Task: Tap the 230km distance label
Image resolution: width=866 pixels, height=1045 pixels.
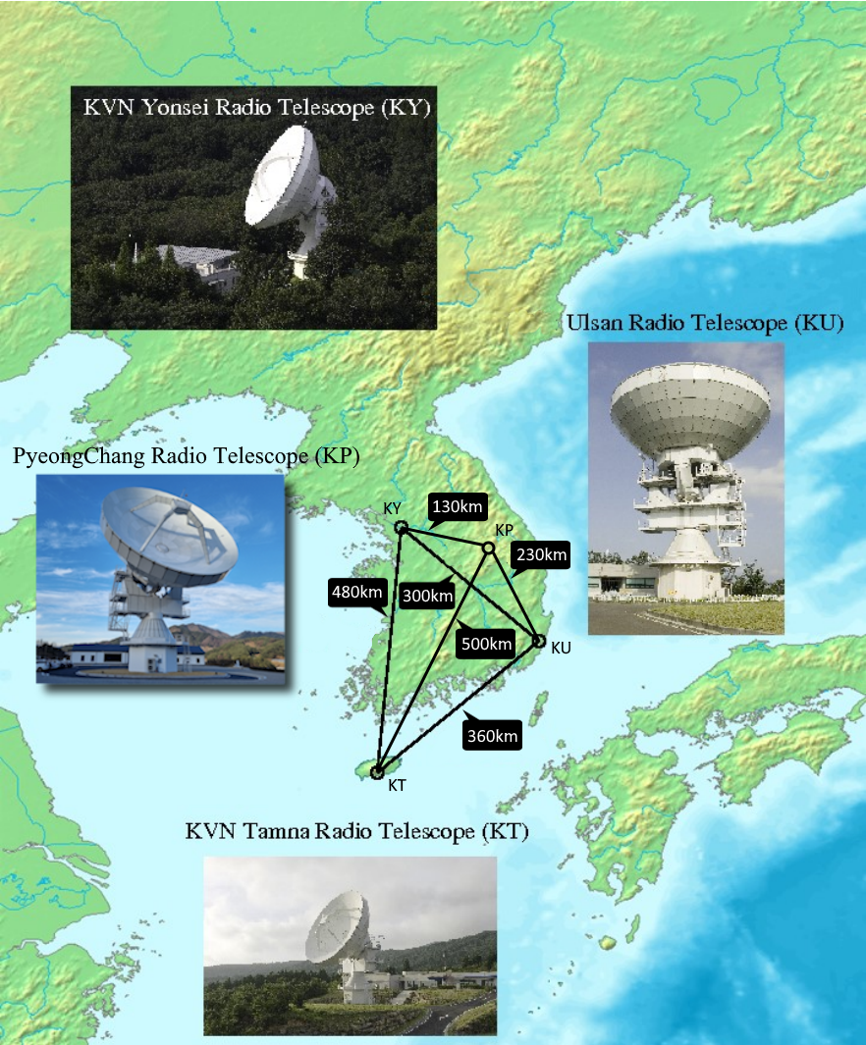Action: pyautogui.click(x=540, y=555)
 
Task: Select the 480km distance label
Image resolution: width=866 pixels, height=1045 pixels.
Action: pyautogui.click(x=355, y=592)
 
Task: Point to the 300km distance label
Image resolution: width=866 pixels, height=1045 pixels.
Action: pyautogui.click(x=427, y=595)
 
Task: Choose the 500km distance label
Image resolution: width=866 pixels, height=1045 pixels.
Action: pyautogui.click(x=486, y=645)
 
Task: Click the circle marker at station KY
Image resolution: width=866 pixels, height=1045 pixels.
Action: pyautogui.click(x=401, y=528)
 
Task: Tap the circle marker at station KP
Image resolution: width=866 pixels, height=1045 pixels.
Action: pyautogui.click(x=488, y=547)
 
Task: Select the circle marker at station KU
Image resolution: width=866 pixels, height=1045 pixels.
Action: pyautogui.click(x=538, y=641)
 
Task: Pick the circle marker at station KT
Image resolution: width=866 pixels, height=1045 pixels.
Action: pyautogui.click(x=377, y=772)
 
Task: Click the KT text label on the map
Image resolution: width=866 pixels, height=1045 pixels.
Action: pyautogui.click(x=397, y=785)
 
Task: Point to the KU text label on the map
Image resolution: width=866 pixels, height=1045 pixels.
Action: pyautogui.click(x=561, y=649)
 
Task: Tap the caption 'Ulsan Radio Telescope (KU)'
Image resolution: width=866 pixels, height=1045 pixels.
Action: pyautogui.click(x=704, y=324)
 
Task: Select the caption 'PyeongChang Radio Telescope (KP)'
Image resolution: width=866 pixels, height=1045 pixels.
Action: pyautogui.click(x=186, y=456)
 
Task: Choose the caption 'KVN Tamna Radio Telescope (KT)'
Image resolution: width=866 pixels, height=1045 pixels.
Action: pyautogui.click(x=356, y=832)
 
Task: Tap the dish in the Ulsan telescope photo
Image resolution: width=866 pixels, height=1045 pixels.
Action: pyautogui.click(x=689, y=405)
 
